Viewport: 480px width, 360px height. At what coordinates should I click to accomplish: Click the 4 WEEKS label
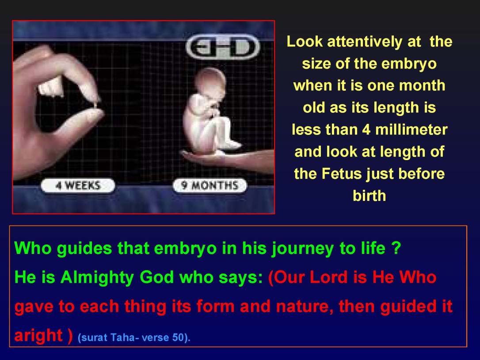pos(77,186)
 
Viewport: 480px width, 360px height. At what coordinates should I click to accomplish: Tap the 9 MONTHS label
pos(210,186)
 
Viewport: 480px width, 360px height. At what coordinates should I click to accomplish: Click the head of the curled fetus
pos(210,84)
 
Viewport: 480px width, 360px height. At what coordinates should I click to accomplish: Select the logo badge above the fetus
pos(222,48)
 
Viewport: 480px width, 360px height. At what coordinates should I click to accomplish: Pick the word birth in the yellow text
pos(369,195)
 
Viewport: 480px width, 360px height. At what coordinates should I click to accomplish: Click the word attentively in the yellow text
pos(365,42)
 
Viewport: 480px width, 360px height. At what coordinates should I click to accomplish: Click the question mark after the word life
pos(396,249)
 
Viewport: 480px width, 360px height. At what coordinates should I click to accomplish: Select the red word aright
pos(39,336)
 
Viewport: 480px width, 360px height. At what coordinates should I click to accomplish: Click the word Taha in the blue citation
pos(122,338)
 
